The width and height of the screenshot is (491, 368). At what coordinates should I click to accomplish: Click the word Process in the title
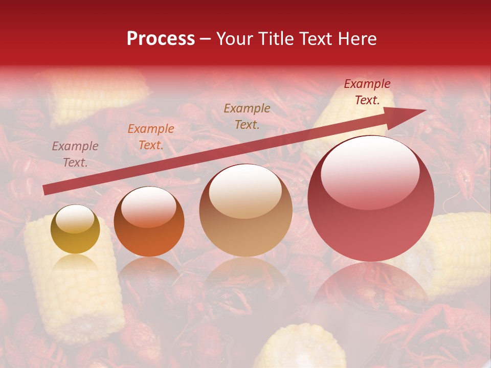click(x=161, y=39)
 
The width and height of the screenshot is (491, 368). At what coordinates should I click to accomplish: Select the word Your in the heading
click(x=235, y=39)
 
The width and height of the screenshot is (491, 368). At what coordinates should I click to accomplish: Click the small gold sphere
click(x=75, y=229)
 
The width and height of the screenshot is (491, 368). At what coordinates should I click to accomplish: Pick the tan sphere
click(x=245, y=211)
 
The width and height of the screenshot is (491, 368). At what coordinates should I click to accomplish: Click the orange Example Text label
click(x=151, y=137)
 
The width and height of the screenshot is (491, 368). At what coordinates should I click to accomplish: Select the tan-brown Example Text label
click(x=247, y=116)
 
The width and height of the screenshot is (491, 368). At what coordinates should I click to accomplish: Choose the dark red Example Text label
click(x=367, y=92)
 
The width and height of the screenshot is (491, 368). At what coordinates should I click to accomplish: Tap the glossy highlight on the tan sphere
click(x=245, y=192)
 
